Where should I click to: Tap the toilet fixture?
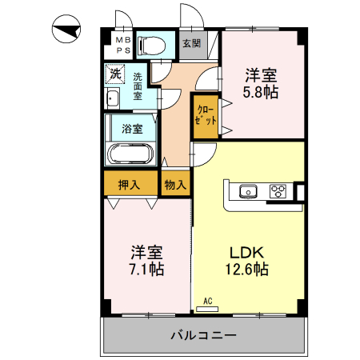point(151,45)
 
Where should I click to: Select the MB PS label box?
point(121,44)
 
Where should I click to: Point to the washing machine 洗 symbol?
point(116,74)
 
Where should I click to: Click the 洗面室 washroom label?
point(138,86)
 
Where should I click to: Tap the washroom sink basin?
point(112,99)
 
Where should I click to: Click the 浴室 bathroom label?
point(133,128)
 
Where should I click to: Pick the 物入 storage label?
point(175,184)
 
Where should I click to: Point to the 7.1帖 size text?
point(146,269)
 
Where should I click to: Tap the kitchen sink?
point(247,191)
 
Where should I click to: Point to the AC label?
point(207,302)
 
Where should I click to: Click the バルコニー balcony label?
point(203,335)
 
